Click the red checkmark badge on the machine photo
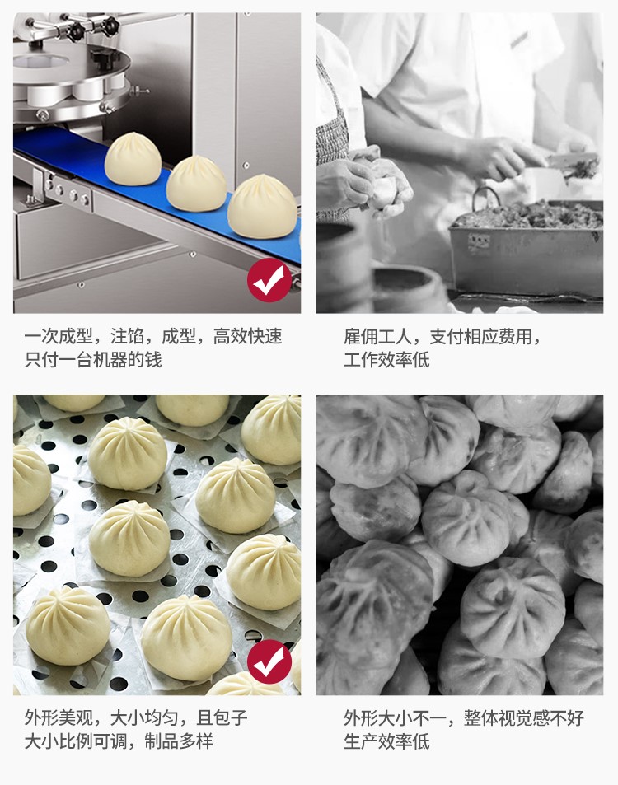coord(269,280)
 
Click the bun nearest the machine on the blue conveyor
coord(133,158)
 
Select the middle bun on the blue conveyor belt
coord(197,183)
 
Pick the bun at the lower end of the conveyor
coord(262,206)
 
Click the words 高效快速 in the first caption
coord(248,336)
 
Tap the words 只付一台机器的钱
coord(93,359)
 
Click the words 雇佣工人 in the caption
coord(377,336)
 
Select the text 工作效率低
coord(386,359)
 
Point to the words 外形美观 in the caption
coord(59,717)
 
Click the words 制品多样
coord(179,741)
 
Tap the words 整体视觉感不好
coord(524,717)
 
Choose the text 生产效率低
coord(386,741)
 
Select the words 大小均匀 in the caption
coord(144,717)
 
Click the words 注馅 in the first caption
coord(127,336)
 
